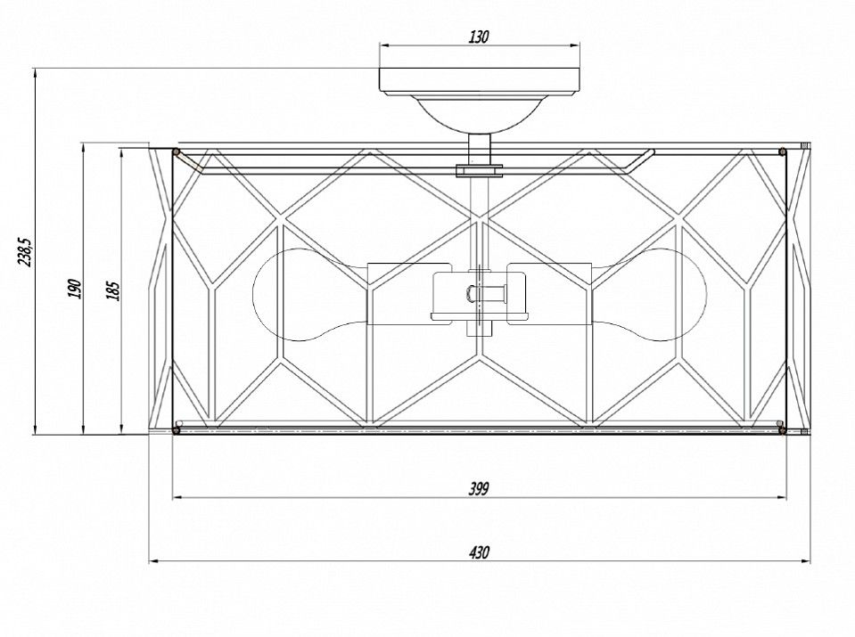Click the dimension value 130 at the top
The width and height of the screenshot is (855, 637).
click(479, 37)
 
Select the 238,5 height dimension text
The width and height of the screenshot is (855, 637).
click(24, 251)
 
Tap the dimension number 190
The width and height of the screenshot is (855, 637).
click(75, 289)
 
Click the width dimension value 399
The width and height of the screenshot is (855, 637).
click(479, 489)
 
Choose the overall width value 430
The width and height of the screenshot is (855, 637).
click(479, 552)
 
